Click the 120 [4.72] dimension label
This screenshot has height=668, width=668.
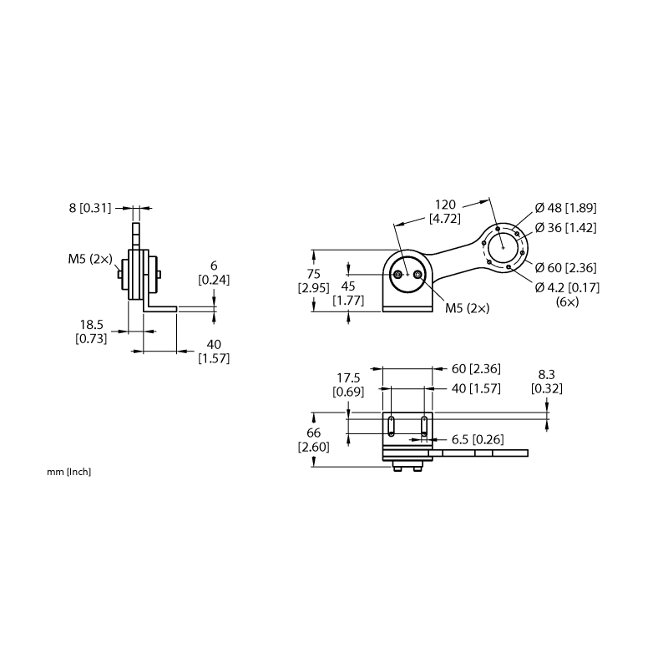[445, 211]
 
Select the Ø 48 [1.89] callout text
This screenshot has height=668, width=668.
[566, 208]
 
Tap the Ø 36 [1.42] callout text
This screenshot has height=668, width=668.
[566, 228]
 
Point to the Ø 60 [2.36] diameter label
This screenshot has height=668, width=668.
[566, 268]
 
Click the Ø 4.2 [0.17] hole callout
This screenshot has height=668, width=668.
[567, 287]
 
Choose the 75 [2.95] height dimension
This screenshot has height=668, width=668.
[314, 281]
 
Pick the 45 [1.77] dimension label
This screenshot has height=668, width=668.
[348, 294]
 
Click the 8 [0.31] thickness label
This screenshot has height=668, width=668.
[90, 208]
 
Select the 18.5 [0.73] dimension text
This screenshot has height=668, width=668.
[91, 331]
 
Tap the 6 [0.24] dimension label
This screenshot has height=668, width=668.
[214, 273]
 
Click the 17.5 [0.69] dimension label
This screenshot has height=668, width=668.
[348, 385]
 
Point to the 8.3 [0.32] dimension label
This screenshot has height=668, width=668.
[547, 382]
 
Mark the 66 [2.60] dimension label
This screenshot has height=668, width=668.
[314, 440]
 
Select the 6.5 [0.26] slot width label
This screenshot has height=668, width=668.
[478, 440]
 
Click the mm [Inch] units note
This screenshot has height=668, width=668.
[69, 472]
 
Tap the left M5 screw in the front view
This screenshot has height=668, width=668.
[398, 275]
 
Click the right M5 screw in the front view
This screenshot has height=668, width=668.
[417, 275]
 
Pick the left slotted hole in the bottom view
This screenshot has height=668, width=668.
[391, 427]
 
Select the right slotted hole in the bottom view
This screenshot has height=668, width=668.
[424, 427]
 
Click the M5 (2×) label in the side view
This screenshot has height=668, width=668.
[90, 259]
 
